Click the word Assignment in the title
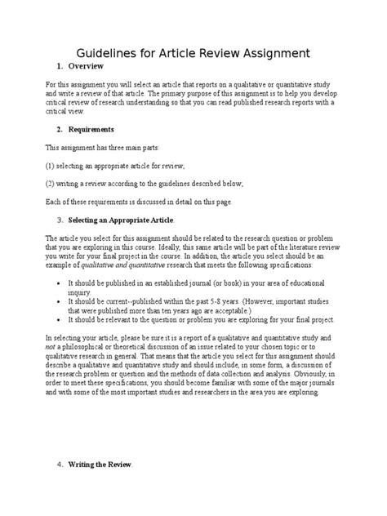270,53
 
